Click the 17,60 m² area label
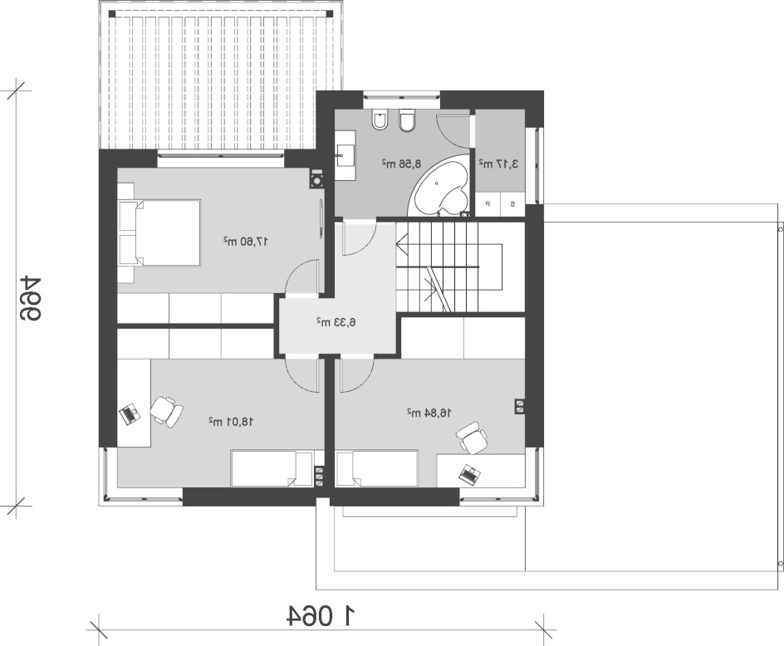(246, 242)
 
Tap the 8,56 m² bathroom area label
(401, 164)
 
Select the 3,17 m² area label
(498, 164)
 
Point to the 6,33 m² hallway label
(336, 322)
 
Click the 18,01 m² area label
(231, 422)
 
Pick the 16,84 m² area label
(429, 413)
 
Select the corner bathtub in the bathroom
(440, 185)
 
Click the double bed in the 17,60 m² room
(159, 232)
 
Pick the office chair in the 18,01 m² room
(166, 412)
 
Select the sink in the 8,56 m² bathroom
(345, 155)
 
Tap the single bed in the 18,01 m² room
(272, 468)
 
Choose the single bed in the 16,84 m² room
(377, 468)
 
